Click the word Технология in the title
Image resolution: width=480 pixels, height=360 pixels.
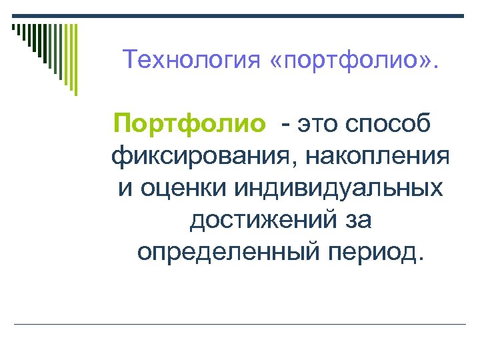click(x=191, y=62)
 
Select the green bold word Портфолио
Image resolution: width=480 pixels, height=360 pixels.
click(x=189, y=124)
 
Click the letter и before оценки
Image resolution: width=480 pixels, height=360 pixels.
click(x=125, y=189)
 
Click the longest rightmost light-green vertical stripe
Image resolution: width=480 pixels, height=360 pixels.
click(x=75, y=59)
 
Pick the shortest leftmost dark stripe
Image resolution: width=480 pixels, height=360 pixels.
click(x=13, y=28)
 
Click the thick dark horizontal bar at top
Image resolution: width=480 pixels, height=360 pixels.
click(x=240, y=16)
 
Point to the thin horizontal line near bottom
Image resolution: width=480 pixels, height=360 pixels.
click(x=240, y=324)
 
